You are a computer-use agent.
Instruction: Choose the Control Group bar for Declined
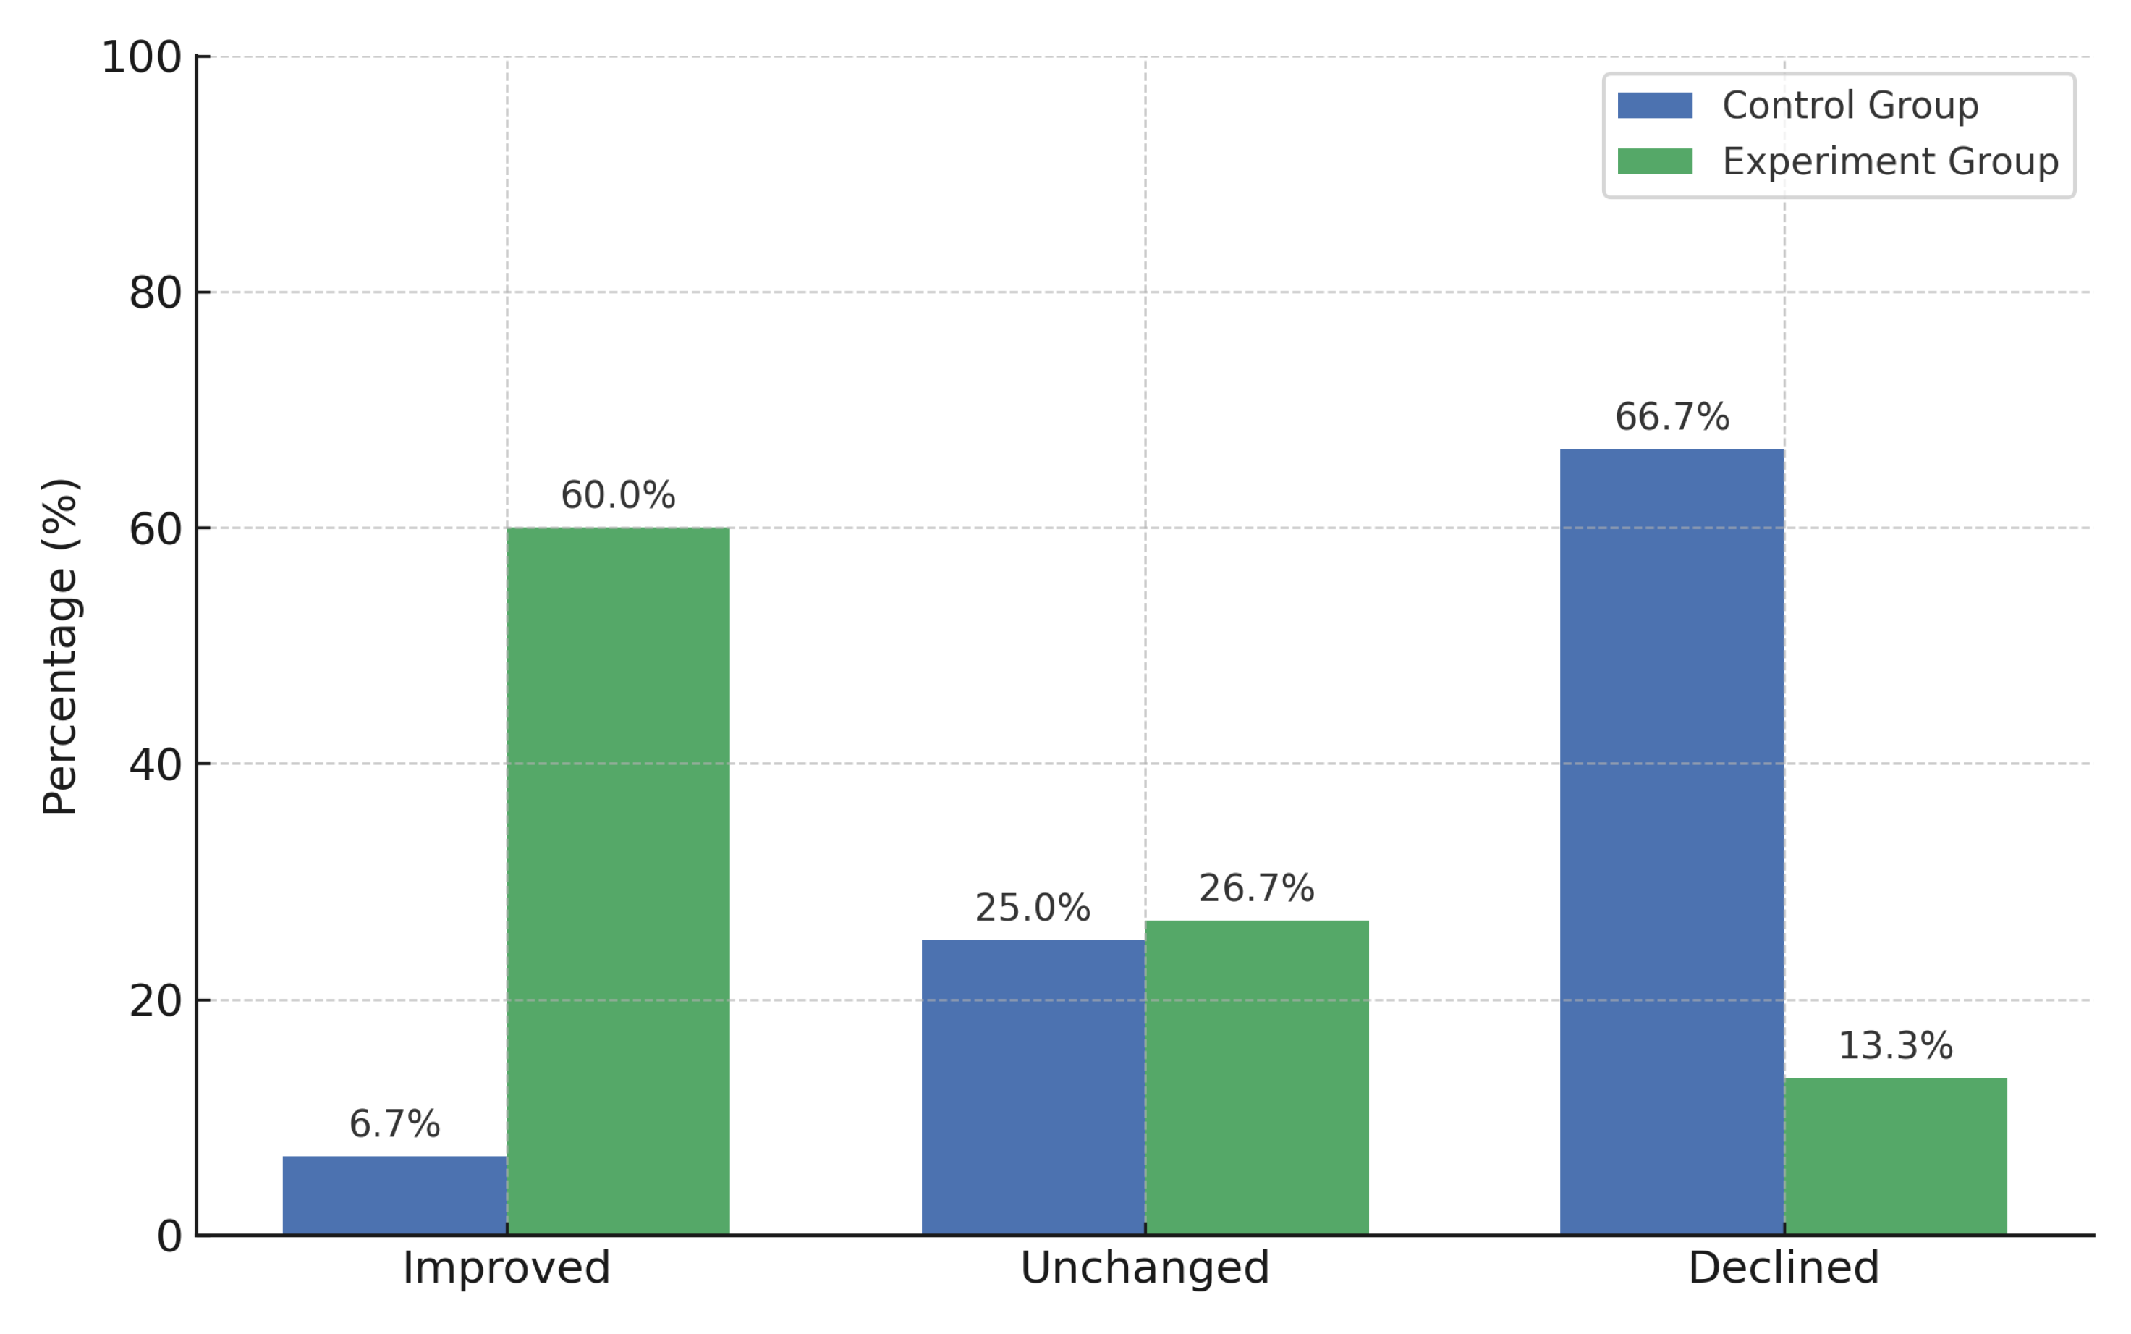tap(1672, 842)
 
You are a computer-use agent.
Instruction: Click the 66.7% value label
tap(1672, 418)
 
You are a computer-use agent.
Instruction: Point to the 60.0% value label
tap(617, 496)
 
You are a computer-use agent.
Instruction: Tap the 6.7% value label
tap(394, 1124)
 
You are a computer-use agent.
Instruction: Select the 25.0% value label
tap(1032, 908)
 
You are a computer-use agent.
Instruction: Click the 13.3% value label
tap(1896, 1047)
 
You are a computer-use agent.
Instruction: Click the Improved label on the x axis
tap(507, 1269)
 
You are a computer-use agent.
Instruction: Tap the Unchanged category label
tap(1144, 1269)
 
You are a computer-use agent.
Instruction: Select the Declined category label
tap(1784, 1269)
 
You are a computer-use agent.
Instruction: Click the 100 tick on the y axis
tap(141, 58)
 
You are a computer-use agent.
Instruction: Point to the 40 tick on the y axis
tap(156, 765)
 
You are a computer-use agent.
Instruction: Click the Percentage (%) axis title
tap(60, 646)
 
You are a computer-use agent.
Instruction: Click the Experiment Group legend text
tap(1889, 161)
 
